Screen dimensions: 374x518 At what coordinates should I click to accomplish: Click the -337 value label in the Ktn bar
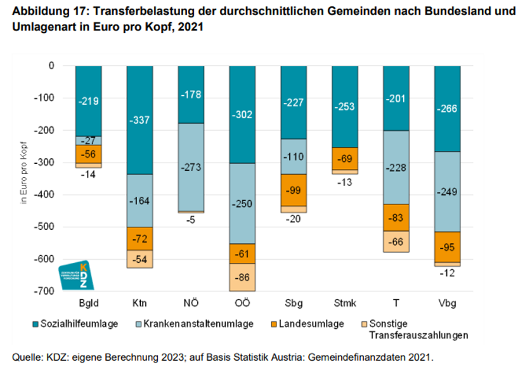139,120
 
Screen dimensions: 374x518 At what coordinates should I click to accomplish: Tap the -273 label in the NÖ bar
191,168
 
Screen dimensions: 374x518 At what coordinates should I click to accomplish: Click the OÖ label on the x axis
242,302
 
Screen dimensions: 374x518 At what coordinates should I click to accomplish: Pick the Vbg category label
448,302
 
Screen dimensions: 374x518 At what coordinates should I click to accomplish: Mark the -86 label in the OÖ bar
242,277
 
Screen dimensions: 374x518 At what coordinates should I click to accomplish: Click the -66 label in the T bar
396,241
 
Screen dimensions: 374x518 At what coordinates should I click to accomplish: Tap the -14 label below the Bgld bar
88,174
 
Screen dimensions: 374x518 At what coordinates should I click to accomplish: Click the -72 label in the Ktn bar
139,241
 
